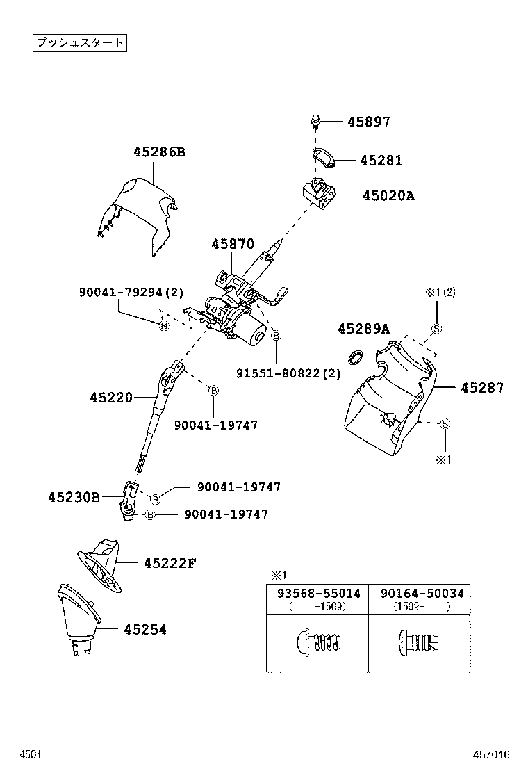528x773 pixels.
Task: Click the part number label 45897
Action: pyautogui.click(x=368, y=122)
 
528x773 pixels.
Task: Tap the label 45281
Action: pyautogui.click(x=381, y=161)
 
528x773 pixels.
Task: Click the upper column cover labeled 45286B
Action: pyautogui.click(x=139, y=212)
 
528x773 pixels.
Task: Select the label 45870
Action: pyautogui.click(x=233, y=244)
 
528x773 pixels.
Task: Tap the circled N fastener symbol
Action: pyautogui.click(x=164, y=327)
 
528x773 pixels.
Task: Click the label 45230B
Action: pyautogui.click(x=74, y=497)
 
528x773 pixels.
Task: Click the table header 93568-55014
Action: pyautogui.click(x=317, y=594)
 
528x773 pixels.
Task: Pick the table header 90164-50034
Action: pyautogui.click(x=421, y=594)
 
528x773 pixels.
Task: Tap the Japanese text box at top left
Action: pyautogui.click(x=80, y=42)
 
